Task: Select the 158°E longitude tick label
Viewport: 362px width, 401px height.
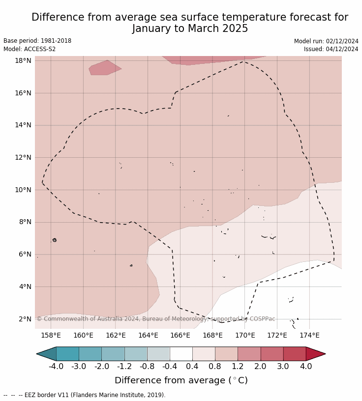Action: point(51,336)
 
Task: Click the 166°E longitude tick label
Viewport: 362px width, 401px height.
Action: point(180,336)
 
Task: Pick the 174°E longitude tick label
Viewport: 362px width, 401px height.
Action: point(309,336)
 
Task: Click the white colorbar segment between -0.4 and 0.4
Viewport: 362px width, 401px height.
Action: point(181,354)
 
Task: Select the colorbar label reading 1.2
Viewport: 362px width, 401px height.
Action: point(238,367)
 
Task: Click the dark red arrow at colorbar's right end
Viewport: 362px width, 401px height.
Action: point(315,354)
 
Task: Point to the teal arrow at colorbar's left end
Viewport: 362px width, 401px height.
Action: point(47,354)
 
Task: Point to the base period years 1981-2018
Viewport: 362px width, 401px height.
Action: point(57,41)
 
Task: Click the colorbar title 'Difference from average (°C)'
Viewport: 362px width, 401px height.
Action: point(181,381)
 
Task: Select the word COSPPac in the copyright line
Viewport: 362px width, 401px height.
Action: point(262,319)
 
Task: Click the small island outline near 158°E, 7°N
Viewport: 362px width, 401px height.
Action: point(54,240)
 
